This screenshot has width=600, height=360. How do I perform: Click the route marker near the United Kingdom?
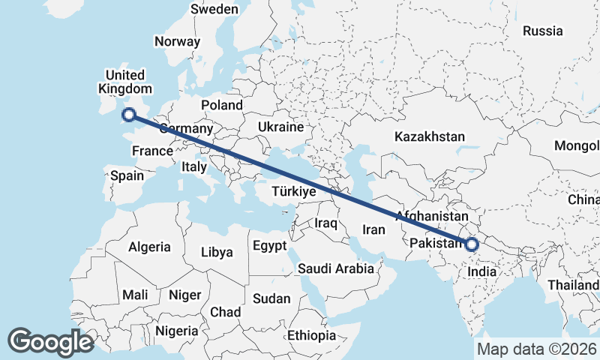coord(128,115)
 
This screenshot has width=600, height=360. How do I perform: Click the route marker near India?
coord(472,244)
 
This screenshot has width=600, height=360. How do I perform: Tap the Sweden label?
coord(214,10)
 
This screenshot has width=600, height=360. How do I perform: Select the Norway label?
coord(177,42)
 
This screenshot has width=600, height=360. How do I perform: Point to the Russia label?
coord(542,31)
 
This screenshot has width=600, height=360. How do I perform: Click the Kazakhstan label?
coord(430,137)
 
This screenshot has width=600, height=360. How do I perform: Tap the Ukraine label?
coord(280,127)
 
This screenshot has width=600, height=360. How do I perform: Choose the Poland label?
coord(222,106)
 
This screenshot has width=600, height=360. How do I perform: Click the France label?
coord(152,151)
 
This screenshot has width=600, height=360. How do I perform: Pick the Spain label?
coord(127,176)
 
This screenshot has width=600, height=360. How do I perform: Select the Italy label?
coord(193,168)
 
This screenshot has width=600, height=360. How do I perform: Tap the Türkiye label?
coord(293,192)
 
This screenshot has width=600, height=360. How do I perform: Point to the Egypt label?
coord(269,246)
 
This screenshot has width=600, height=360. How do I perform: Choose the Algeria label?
coord(149,247)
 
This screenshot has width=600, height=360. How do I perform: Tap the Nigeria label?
coord(177,330)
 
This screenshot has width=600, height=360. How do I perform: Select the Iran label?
coord(373,229)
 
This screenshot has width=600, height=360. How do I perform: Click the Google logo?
coord(50,342)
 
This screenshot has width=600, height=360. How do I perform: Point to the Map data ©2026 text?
coord(537,349)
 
